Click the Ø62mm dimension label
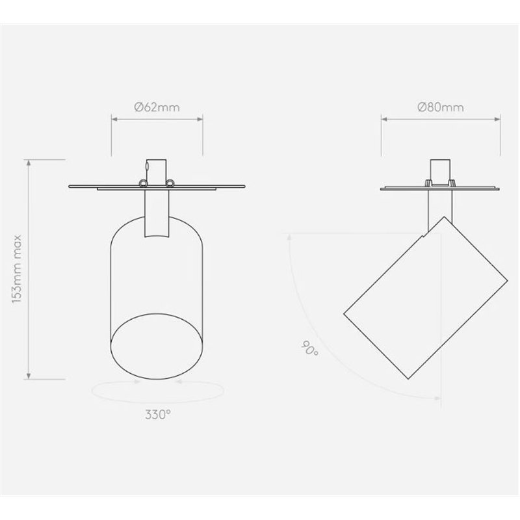coord(157,107)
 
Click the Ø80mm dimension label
coord(441,107)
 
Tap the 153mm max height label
coord(17,269)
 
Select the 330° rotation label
coord(158,414)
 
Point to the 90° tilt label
coord(310,348)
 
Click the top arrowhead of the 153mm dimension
coord(29,162)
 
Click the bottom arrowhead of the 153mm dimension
coord(29,376)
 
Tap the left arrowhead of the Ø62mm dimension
coord(114,119)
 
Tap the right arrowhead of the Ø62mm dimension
coord(200,119)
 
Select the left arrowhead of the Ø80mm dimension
coord(384,119)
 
